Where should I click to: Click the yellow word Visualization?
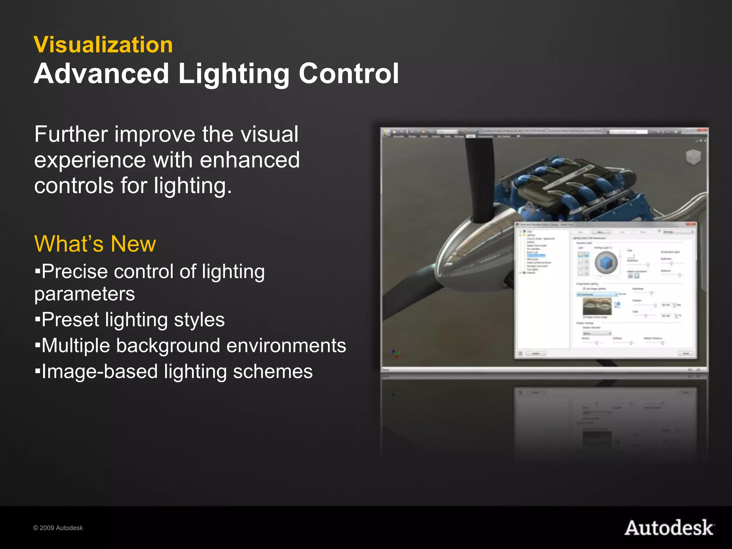click(103, 45)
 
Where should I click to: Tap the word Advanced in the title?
click(102, 74)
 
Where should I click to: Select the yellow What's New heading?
click(95, 244)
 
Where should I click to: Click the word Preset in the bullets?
click(70, 320)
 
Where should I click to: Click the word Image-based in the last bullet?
click(100, 371)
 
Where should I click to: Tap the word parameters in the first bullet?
click(84, 294)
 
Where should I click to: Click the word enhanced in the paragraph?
click(249, 160)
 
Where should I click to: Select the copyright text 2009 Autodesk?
click(58, 528)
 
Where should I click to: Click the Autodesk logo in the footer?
click(669, 528)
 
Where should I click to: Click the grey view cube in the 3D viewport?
click(693, 157)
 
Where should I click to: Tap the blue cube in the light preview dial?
click(606, 263)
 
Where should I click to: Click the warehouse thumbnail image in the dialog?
click(597, 306)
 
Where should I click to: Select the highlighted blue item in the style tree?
click(536, 256)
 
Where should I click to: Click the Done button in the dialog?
click(686, 353)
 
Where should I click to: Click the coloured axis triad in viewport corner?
click(396, 354)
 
